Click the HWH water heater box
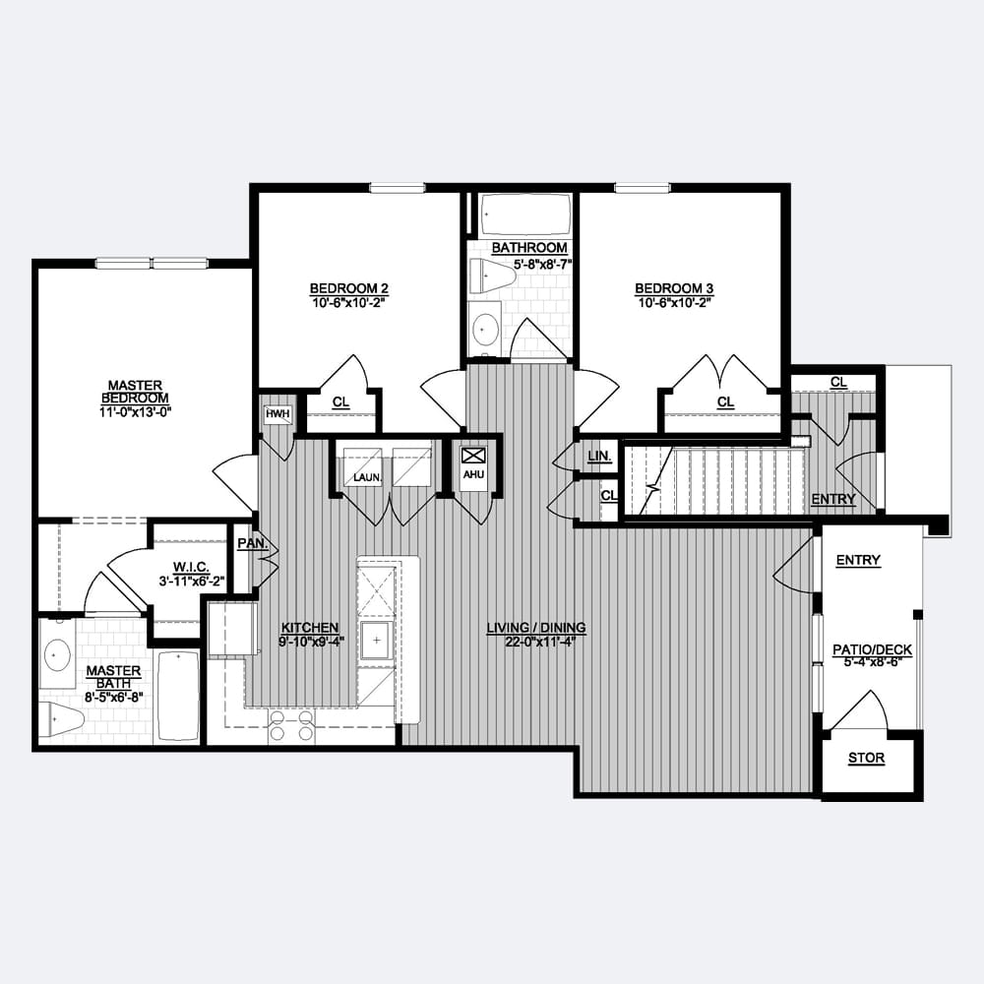point(277,414)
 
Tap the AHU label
point(474,474)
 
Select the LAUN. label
point(368,477)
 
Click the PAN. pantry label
point(253,543)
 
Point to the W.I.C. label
point(191,568)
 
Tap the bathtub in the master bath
point(177,697)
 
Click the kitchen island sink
point(376,641)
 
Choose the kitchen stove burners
point(290,725)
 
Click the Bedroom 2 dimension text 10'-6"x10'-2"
point(348,302)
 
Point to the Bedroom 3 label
point(674,288)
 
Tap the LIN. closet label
point(600,457)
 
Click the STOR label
point(867,758)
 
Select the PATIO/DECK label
point(872,649)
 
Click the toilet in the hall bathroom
point(490,276)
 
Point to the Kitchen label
point(310,628)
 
